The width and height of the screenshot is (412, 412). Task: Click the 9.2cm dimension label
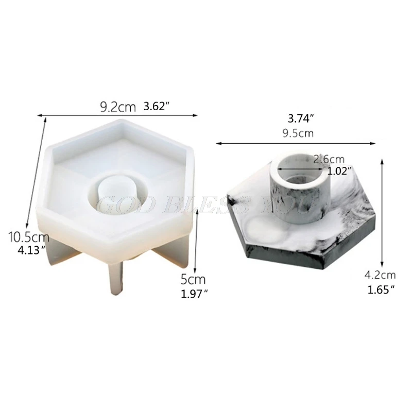point(117,107)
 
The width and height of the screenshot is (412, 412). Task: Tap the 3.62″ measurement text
point(157,107)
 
